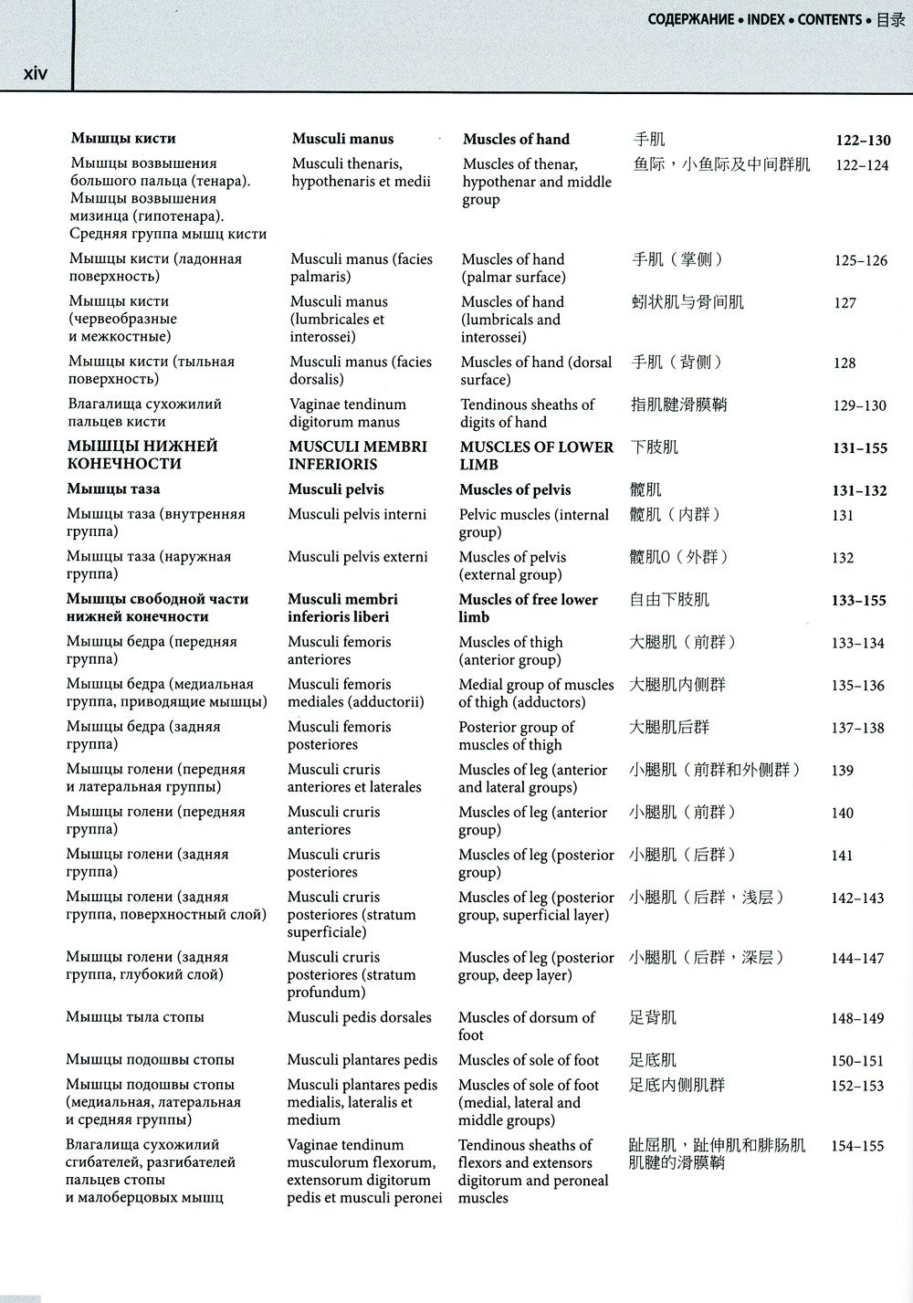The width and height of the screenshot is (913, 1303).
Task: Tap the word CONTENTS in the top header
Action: tap(829, 19)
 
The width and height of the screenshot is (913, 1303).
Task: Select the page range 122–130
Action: tap(863, 141)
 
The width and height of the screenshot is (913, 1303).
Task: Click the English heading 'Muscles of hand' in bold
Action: tap(516, 140)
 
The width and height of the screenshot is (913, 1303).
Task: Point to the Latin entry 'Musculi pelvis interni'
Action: tap(357, 514)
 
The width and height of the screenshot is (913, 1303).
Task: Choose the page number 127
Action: tap(845, 303)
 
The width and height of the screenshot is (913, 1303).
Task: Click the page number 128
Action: tap(845, 363)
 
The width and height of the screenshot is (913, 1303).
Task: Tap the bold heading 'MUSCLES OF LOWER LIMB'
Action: tap(536, 455)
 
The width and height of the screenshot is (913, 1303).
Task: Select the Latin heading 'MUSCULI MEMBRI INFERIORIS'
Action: tap(357, 455)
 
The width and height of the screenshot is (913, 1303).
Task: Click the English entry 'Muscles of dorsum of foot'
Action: tap(526, 1025)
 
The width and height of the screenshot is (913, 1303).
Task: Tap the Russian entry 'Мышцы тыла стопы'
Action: tap(135, 1017)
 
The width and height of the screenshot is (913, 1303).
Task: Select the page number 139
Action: tap(842, 771)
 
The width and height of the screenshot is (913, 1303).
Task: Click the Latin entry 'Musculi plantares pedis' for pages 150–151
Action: tap(362, 1060)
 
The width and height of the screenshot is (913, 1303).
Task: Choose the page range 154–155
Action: tap(857, 1146)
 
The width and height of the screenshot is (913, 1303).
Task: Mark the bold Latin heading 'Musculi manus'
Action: tap(342, 139)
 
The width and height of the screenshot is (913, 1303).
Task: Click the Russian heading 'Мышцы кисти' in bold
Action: tap(123, 139)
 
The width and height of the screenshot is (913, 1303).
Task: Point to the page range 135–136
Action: tap(857, 686)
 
